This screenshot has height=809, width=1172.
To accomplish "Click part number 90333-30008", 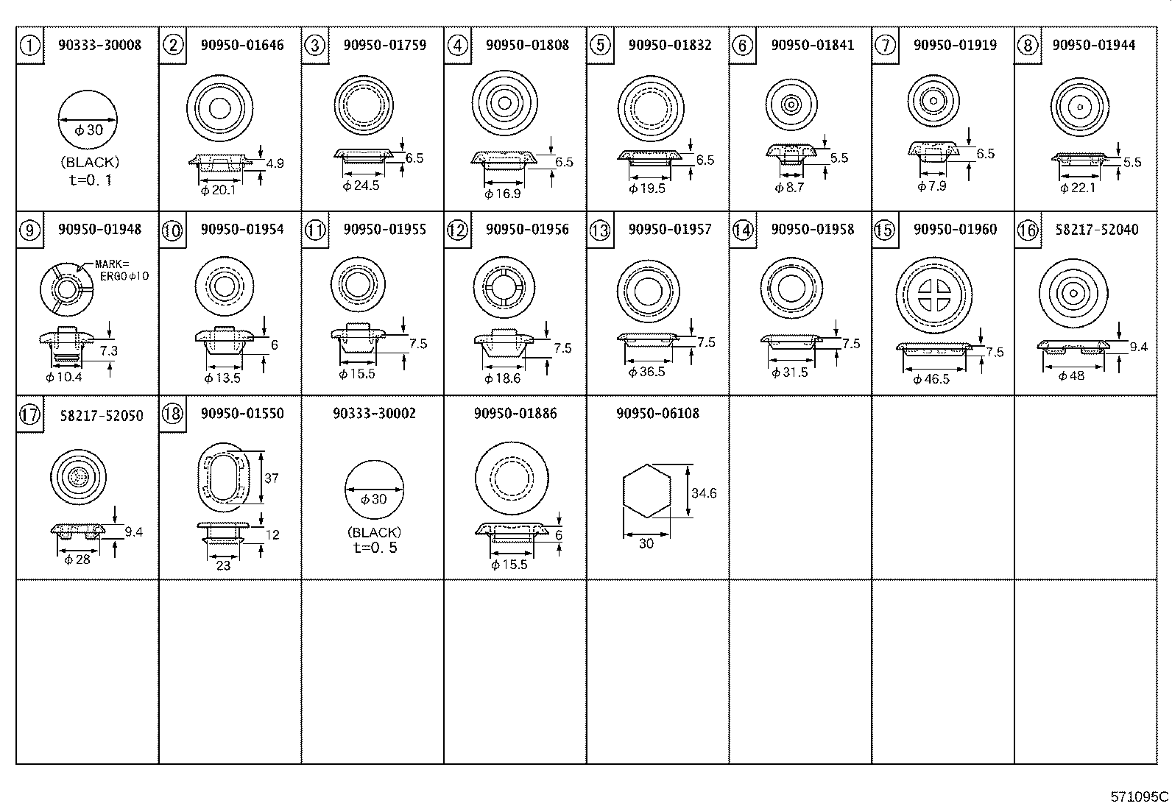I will point(99,45).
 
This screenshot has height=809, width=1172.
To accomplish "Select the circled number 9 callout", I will point(29,230).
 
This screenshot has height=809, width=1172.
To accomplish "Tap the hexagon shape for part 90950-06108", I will point(646,490).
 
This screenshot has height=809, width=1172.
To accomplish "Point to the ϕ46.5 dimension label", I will point(931,379).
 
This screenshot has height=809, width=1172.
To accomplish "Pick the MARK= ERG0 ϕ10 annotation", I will point(121,269).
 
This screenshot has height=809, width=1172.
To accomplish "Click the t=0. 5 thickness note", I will point(375,548).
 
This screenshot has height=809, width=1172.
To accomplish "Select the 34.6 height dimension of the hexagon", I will point(704,493).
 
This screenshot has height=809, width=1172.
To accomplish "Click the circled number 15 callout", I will point(884,230).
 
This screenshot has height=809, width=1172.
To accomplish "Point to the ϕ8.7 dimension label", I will point(789,188).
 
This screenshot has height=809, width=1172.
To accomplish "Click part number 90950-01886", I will point(515,414).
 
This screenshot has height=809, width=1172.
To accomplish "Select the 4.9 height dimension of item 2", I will point(275,163).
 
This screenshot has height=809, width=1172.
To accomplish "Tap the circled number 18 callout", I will point(172,414).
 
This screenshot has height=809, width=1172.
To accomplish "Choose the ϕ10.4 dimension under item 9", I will point(64,378).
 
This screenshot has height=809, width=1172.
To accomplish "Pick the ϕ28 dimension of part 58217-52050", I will point(77,560).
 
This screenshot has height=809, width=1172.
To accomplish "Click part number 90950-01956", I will point(527,230).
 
